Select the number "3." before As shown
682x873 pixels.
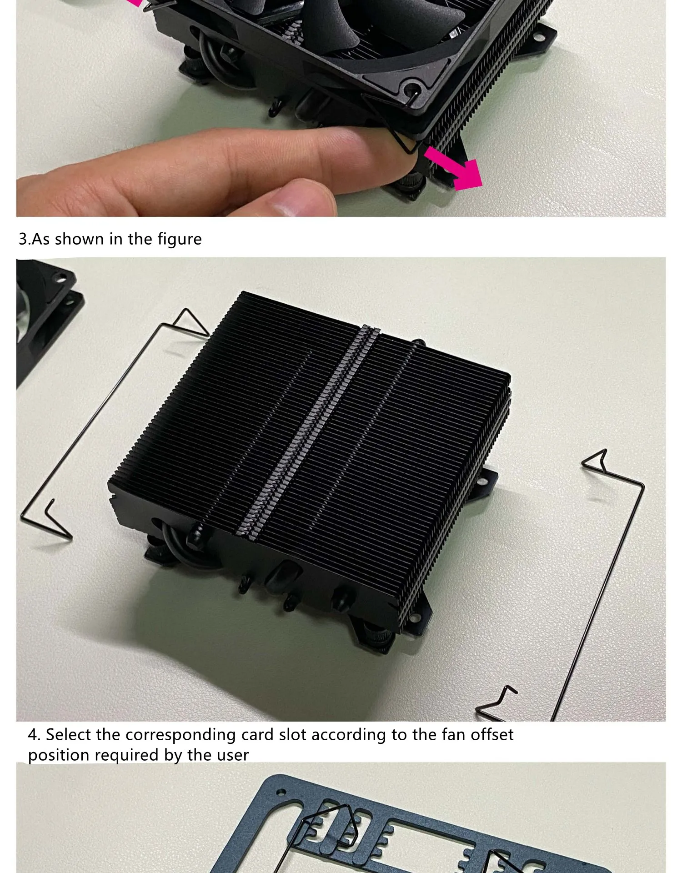(25, 239)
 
